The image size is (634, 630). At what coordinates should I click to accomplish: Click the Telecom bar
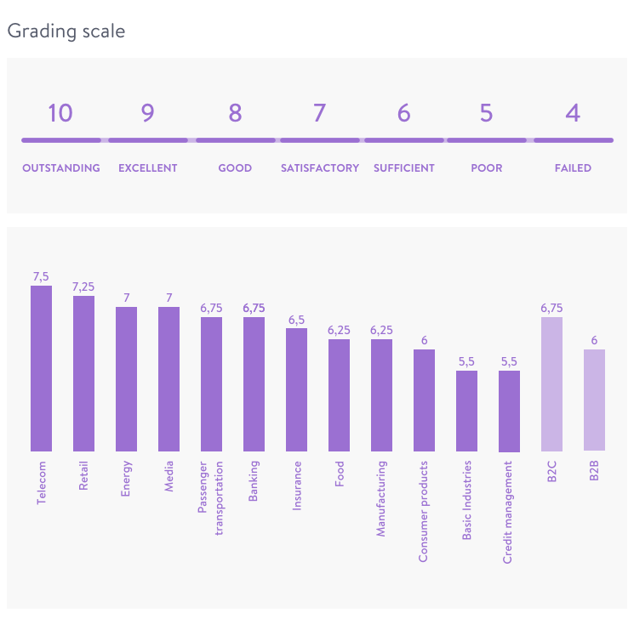42,368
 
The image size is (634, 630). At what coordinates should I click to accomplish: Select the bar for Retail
83,373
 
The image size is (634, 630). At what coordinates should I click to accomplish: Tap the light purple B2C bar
551,383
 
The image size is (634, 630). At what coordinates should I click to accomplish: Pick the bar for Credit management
509,411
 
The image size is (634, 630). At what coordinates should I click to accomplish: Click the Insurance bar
296,389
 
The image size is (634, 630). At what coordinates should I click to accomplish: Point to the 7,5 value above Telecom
42,276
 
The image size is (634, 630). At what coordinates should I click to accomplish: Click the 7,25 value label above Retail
83,287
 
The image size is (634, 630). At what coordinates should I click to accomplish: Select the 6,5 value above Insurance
296,320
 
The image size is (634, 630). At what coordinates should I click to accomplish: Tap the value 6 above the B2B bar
594,340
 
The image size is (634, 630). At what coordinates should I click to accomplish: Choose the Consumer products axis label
424,512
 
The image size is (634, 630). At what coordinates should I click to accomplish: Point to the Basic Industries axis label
466,502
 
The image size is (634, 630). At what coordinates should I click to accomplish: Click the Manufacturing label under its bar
381,499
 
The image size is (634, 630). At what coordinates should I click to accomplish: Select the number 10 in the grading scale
60,112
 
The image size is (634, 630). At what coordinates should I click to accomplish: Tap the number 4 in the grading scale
573,112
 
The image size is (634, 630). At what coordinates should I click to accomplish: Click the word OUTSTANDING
61,168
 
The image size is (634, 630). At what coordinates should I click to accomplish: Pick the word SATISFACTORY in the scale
320,168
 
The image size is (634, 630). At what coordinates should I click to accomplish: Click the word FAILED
573,168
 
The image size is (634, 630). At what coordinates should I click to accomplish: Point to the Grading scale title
66,31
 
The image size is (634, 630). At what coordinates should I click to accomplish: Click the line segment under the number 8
235,140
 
